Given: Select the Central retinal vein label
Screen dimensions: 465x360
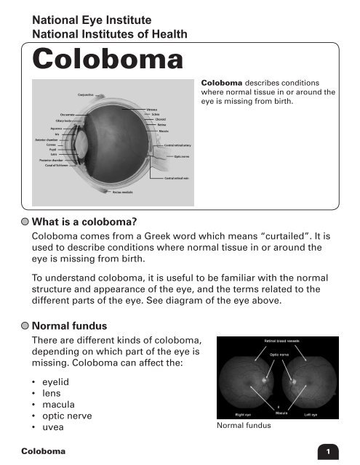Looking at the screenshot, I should pos(177,177).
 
